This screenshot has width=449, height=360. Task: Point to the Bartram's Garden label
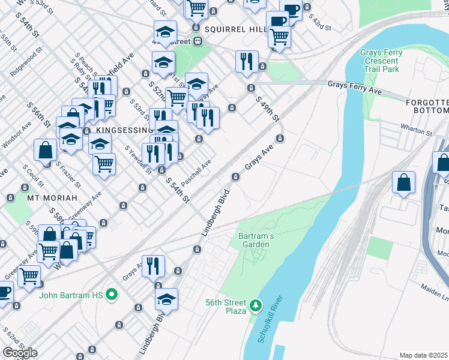tap(256, 240)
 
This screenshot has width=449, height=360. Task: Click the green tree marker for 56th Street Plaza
tap(256, 306)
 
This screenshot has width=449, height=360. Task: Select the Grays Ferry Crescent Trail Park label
tap(381, 61)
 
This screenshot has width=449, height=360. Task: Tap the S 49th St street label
tap(268, 109)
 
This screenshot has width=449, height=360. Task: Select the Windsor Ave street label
tap(16, 137)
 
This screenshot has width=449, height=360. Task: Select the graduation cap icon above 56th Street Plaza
tap(166, 299)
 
